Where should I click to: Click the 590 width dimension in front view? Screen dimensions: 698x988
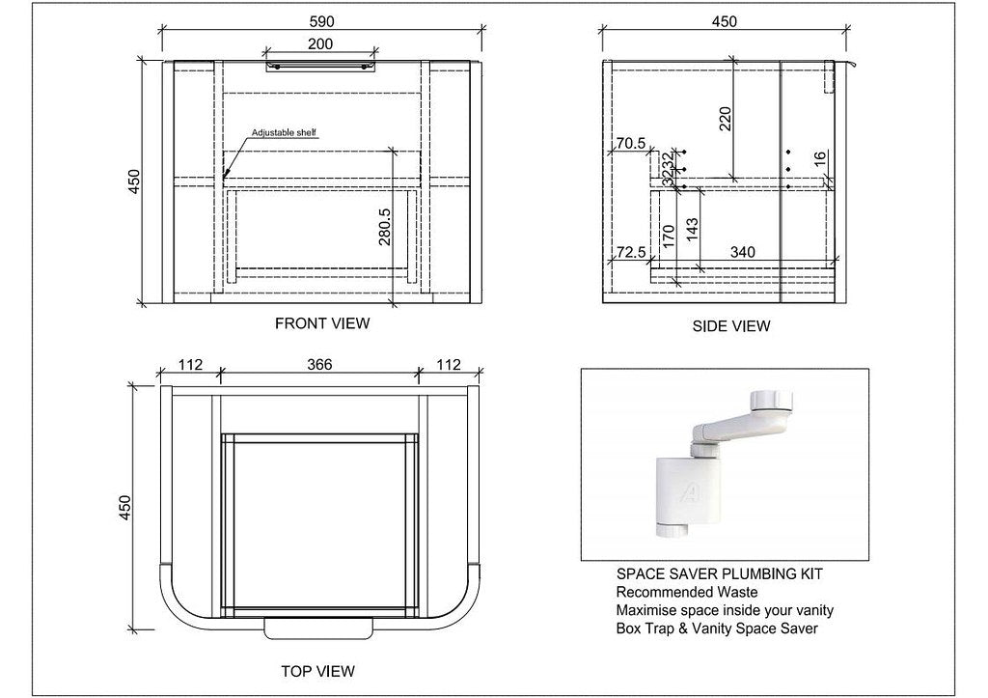point(321,20)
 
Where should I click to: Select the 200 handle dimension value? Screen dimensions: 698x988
point(321,43)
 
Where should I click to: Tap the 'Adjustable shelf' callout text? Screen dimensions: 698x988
point(284,133)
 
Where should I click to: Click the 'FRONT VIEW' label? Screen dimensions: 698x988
point(321,323)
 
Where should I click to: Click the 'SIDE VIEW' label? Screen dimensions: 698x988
point(730,326)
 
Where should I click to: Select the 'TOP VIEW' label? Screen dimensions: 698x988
point(317,671)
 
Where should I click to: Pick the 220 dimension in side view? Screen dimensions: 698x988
point(726,117)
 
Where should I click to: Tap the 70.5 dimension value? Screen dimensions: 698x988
point(630,144)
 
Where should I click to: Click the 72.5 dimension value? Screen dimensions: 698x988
point(630,253)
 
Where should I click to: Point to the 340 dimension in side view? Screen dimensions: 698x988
point(742,253)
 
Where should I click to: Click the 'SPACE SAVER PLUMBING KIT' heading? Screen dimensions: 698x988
point(719,574)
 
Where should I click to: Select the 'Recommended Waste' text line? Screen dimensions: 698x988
point(686,592)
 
